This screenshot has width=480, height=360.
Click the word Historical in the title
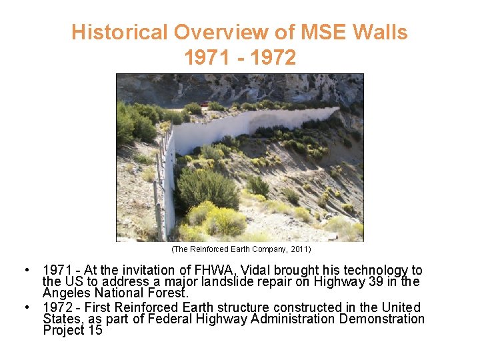119,32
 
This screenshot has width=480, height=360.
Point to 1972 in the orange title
272,58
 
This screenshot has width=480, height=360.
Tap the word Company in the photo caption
261,249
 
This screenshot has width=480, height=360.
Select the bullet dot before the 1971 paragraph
25,270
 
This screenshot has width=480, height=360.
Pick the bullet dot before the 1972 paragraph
25,307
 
